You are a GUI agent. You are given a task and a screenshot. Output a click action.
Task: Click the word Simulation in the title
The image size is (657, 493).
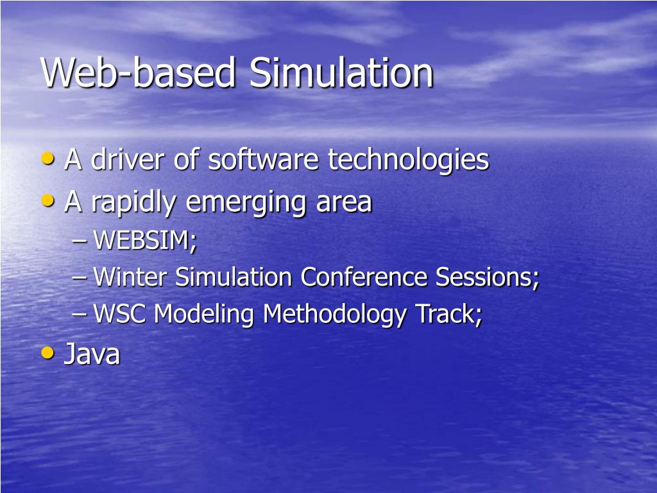pyautogui.click(x=341, y=73)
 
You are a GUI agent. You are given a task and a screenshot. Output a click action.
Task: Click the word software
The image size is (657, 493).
pyautogui.click(x=264, y=160)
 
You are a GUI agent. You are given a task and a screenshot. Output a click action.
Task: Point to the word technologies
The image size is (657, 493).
pyautogui.click(x=409, y=160)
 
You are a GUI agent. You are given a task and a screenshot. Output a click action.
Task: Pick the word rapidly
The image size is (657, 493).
pyautogui.click(x=133, y=203)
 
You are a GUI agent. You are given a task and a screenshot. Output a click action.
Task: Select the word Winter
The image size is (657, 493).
pyautogui.click(x=130, y=278)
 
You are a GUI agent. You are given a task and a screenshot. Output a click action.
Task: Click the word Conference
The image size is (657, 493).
pyautogui.click(x=364, y=278)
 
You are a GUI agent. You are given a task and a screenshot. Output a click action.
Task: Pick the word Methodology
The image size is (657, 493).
pyautogui.click(x=335, y=315)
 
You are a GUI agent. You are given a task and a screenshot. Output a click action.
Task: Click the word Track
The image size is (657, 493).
pyautogui.click(x=448, y=315)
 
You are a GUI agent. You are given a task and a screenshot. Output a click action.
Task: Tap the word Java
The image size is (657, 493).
pyautogui.click(x=92, y=354)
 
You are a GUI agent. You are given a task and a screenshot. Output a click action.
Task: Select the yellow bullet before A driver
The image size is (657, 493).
pyautogui.click(x=47, y=158)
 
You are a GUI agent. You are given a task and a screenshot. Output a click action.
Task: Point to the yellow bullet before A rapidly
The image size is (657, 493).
pyautogui.click(x=47, y=200)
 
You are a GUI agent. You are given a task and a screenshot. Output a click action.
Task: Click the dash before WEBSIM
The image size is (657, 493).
pyautogui.click(x=80, y=243)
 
